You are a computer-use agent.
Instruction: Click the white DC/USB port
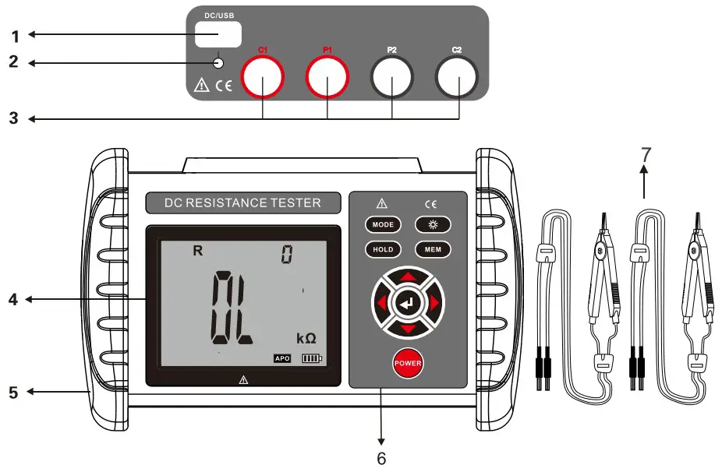(218, 34)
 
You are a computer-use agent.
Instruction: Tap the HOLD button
(383, 250)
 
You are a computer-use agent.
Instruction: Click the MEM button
(433, 250)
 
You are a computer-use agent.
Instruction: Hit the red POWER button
(407, 364)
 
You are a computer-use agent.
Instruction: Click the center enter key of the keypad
(407, 302)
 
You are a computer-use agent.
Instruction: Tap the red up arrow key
(407, 277)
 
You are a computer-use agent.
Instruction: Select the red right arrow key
(434, 302)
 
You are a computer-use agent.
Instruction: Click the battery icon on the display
(311, 359)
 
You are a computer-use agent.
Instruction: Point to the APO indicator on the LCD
(281, 359)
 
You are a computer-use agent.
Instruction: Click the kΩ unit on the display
(305, 338)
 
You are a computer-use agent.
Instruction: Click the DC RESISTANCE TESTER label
(242, 203)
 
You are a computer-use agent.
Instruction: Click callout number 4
(12, 298)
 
